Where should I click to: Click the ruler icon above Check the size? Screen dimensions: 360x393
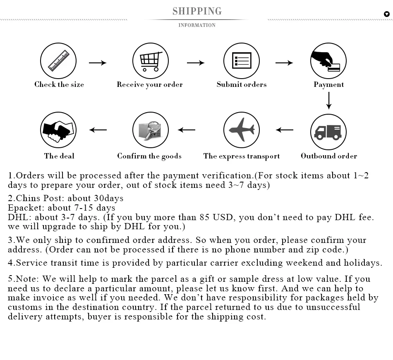pyautogui.click(x=58, y=61)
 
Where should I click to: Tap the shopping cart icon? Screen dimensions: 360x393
pyautogui.click(x=150, y=61)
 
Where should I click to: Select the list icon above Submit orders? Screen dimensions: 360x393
pyautogui.click(x=241, y=61)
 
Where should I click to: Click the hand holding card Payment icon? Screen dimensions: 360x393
pyautogui.click(x=328, y=61)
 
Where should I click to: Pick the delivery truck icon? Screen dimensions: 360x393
pyautogui.click(x=328, y=132)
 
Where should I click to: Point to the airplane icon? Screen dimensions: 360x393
pyautogui.click(x=241, y=130)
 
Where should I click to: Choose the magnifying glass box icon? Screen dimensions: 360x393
pyautogui.click(x=150, y=130)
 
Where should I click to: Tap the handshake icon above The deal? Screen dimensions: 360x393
pyautogui.click(x=58, y=130)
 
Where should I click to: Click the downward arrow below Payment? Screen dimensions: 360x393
pyautogui.click(x=329, y=101)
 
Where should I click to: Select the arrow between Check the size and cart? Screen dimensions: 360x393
pyautogui.click(x=98, y=63)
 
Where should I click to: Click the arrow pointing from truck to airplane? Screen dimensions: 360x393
pyautogui.click(x=285, y=130)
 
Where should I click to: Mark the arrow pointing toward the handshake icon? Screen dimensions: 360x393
pyautogui.click(x=98, y=130)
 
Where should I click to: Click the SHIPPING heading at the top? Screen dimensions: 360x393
pyautogui.click(x=197, y=11)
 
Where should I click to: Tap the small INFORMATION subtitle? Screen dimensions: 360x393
pyautogui.click(x=197, y=25)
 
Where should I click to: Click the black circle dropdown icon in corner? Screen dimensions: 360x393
pyautogui.click(x=387, y=14)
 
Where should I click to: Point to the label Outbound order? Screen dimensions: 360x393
pyautogui.click(x=329, y=156)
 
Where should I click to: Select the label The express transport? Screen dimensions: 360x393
pyautogui.click(x=242, y=156)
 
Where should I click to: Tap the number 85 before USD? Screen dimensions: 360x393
pyautogui.click(x=204, y=217)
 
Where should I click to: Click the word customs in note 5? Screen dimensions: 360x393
pyautogui.click(x=24, y=307)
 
